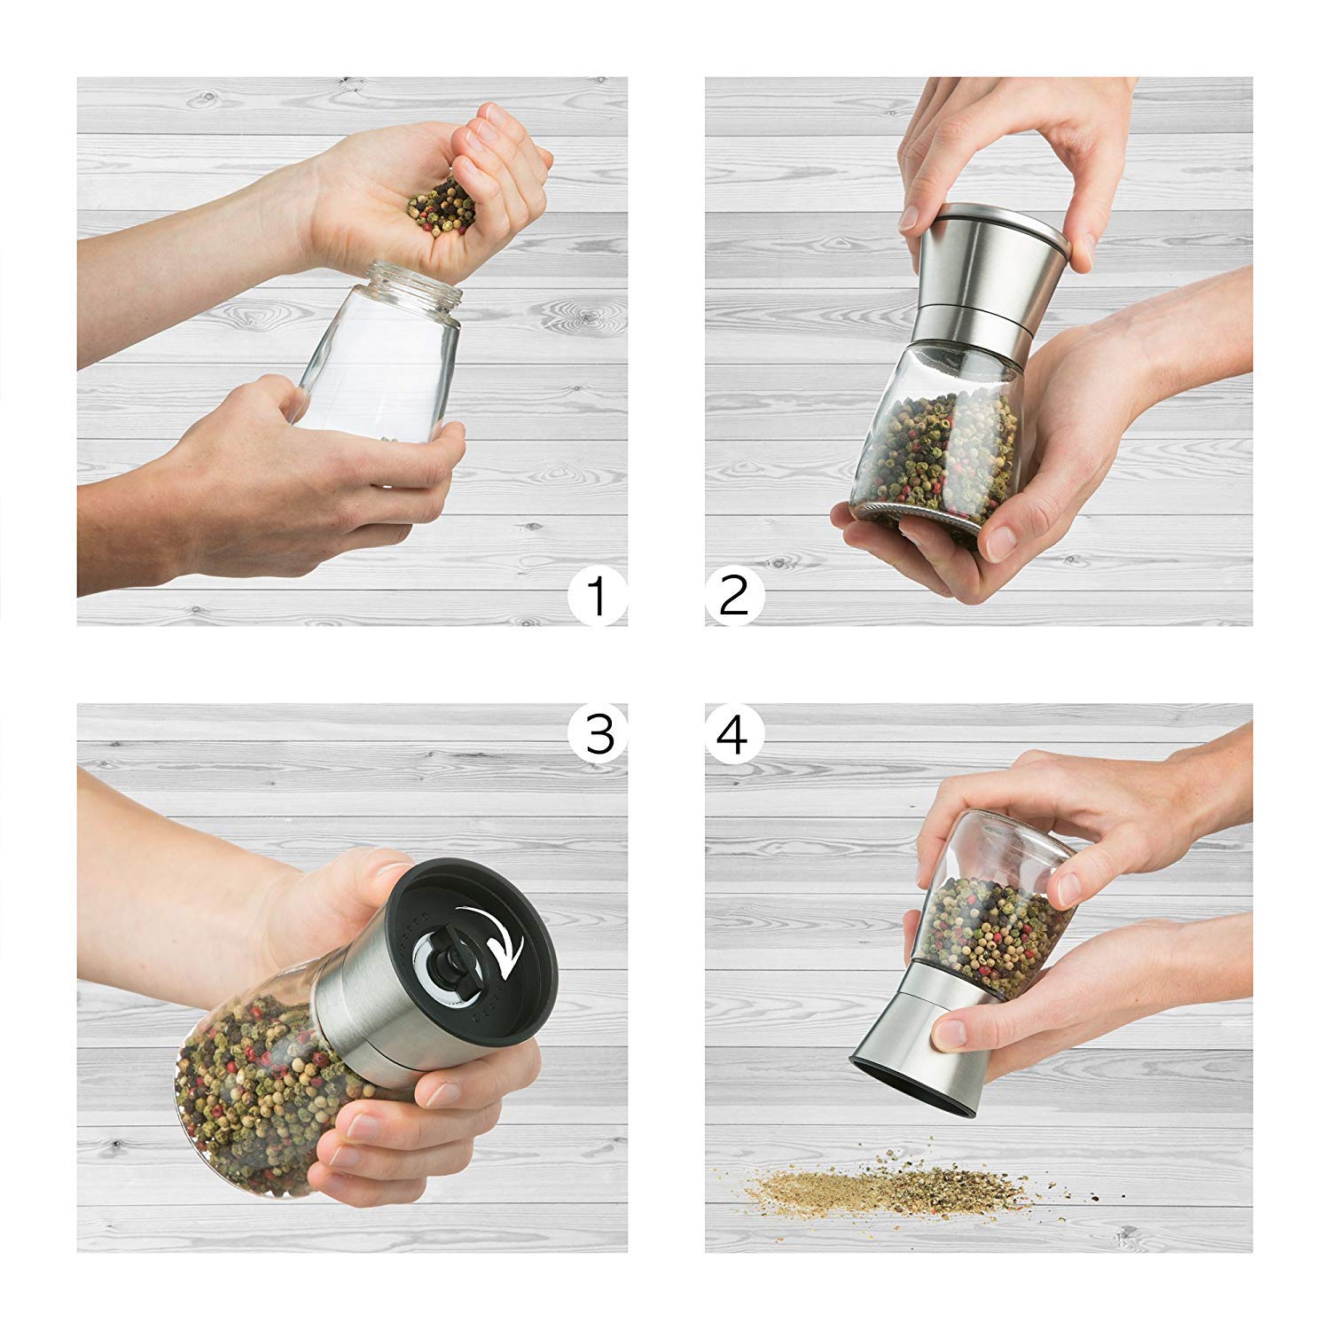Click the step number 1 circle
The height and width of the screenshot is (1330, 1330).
[598, 596]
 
